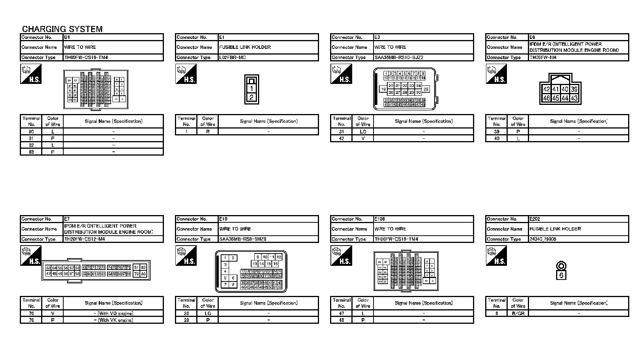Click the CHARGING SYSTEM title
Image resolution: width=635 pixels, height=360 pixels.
pos(62,29)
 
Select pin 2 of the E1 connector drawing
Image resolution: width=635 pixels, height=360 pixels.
pos(251,97)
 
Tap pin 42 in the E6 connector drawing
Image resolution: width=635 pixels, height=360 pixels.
pos(547,89)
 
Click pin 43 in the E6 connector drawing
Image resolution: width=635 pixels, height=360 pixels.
pos(574,98)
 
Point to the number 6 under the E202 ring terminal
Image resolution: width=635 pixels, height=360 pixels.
pos(561,275)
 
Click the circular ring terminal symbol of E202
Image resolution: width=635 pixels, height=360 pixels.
pos(561,266)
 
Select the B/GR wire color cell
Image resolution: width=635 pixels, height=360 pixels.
pos(518,313)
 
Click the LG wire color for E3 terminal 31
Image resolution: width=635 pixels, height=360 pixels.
pos(363,132)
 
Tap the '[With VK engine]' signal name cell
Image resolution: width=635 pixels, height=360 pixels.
pos(113,320)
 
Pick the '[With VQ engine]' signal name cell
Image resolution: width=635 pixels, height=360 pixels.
pos(113,313)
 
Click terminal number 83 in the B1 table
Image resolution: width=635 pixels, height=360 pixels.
pos(31,152)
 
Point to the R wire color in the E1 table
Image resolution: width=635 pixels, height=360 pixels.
pos(208,132)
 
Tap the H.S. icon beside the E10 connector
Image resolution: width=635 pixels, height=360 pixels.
pos(186,256)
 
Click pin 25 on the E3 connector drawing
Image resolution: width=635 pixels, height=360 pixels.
pos(426,89)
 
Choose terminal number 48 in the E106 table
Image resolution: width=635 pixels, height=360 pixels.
pos(342,320)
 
